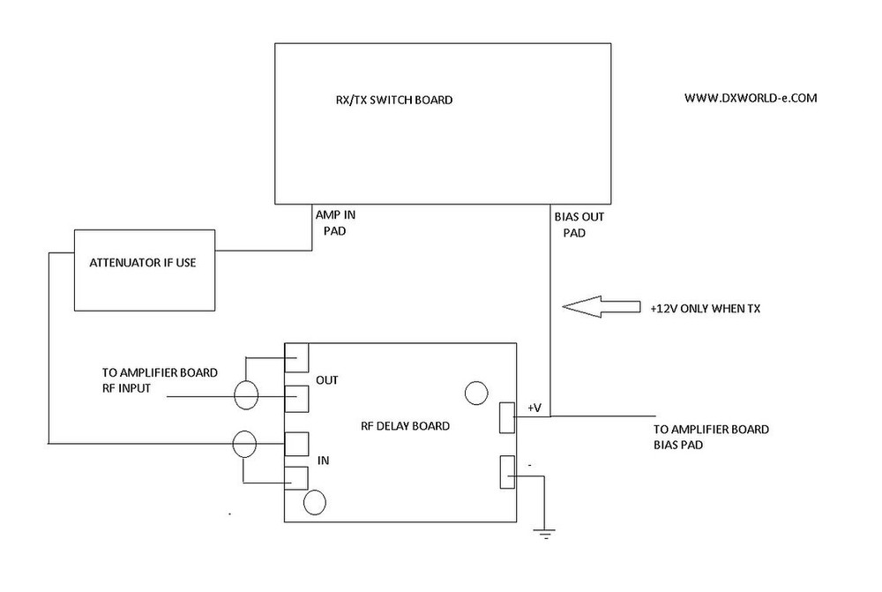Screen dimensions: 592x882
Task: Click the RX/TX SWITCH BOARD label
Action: coord(388,101)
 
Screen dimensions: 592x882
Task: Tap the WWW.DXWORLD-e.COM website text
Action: coord(751,99)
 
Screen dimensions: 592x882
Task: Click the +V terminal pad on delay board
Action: coord(507,417)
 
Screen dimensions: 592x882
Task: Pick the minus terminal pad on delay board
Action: coord(507,472)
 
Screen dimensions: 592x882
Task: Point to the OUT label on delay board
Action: coord(328,380)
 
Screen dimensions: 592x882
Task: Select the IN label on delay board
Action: coord(323,461)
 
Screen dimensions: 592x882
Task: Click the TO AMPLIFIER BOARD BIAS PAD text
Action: coord(711,438)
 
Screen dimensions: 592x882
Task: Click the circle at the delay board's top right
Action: coord(476,393)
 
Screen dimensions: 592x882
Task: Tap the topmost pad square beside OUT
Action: coord(296,357)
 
